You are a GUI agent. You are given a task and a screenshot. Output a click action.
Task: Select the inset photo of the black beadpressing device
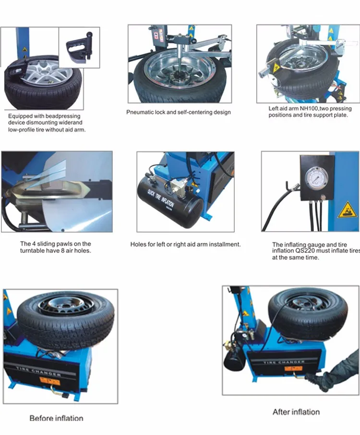coord(79,43)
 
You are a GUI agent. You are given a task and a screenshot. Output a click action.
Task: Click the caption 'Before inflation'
coord(56,418)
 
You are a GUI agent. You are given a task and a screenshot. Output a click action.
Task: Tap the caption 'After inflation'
coord(296,411)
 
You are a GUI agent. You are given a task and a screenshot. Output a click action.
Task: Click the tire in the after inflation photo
coord(307,312)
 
